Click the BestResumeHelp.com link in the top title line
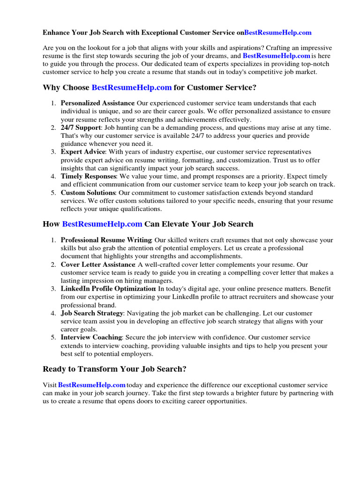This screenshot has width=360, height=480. (x=277, y=33)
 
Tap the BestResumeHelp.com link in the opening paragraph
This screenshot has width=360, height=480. (x=276, y=55)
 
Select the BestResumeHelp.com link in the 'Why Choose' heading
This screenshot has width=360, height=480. (x=132, y=88)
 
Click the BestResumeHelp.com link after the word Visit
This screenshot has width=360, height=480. (x=92, y=385)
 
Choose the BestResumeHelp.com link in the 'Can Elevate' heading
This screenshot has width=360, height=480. (x=102, y=224)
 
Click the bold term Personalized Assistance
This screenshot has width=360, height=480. (x=97, y=103)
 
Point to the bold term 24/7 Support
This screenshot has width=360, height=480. (x=81, y=127)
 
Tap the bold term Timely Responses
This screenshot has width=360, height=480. (x=89, y=176)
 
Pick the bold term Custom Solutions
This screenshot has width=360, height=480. (x=88, y=193)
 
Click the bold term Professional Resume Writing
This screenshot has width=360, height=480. (x=106, y=240)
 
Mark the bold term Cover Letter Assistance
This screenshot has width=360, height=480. (x=98, y=264)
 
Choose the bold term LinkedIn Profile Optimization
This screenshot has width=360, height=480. (x=108, y=289)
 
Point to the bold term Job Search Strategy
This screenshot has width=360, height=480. (x=92, y=313)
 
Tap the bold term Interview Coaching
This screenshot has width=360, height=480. (x=91, y=337)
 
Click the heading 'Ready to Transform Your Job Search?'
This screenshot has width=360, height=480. (x=114, y=369)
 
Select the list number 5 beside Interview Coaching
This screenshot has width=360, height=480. (x=53, y=337)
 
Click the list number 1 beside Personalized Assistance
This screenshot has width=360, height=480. (x=53, y=103)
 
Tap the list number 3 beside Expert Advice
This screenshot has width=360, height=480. (x=53, y=152)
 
